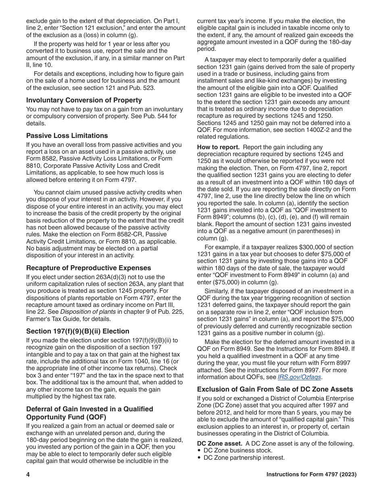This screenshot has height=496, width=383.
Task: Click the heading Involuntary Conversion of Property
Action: [x=84, y=100]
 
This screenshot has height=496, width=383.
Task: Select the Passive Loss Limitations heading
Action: [x=67, y=135]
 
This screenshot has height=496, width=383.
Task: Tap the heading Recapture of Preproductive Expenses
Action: [x=89, y=268]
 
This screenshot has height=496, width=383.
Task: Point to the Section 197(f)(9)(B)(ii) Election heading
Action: [x=78, y=331]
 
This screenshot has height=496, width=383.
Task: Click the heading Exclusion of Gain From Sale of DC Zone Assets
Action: [x=275, y=389]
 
